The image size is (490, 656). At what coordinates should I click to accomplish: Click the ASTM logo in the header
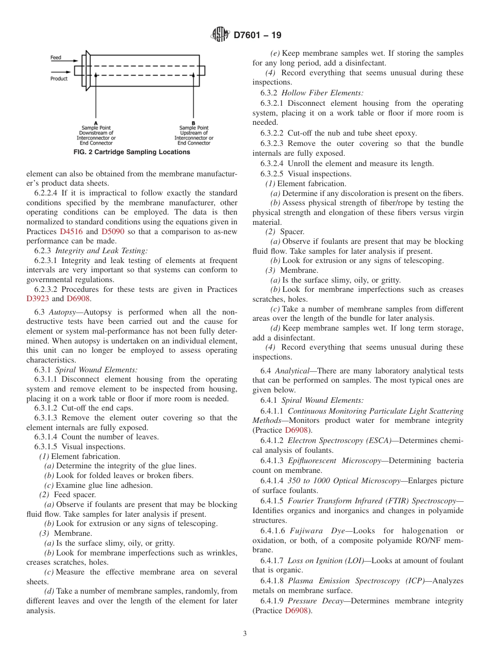[220, 36]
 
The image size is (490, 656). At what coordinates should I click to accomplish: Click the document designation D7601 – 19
[258, 36]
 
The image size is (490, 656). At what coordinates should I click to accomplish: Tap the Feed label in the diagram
[56, 58]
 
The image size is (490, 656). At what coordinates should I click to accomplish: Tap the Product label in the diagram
[59, 79]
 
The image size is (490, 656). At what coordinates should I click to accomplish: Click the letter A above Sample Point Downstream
[96, 123]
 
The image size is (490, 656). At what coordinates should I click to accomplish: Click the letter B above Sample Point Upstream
[193, 123]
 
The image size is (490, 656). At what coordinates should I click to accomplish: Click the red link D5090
[112, 232]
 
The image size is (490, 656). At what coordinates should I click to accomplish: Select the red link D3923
[37, 299]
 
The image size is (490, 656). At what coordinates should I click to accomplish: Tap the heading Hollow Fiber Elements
[322, 93]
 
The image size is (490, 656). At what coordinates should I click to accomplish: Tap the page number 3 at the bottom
[245, 633]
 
